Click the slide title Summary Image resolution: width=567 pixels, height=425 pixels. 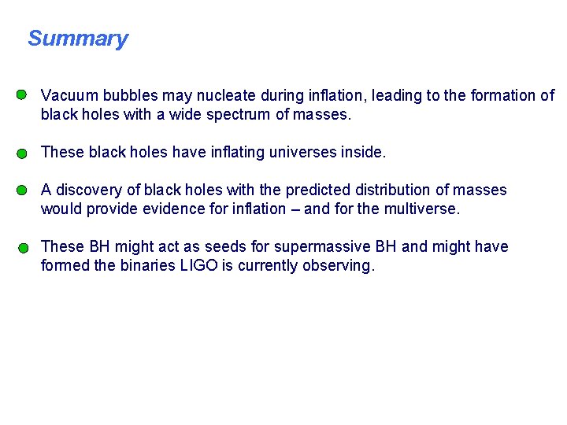[x=77, y=39]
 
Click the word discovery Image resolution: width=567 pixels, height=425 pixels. [x=90, y=190]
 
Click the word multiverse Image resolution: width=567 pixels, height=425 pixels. [x=421, y=209]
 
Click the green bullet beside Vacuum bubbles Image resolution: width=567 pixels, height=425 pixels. [x=22, y=94]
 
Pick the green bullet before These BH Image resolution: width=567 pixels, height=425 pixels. [x=24, y=247]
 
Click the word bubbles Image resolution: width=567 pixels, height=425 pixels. [x=128, y=95]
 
